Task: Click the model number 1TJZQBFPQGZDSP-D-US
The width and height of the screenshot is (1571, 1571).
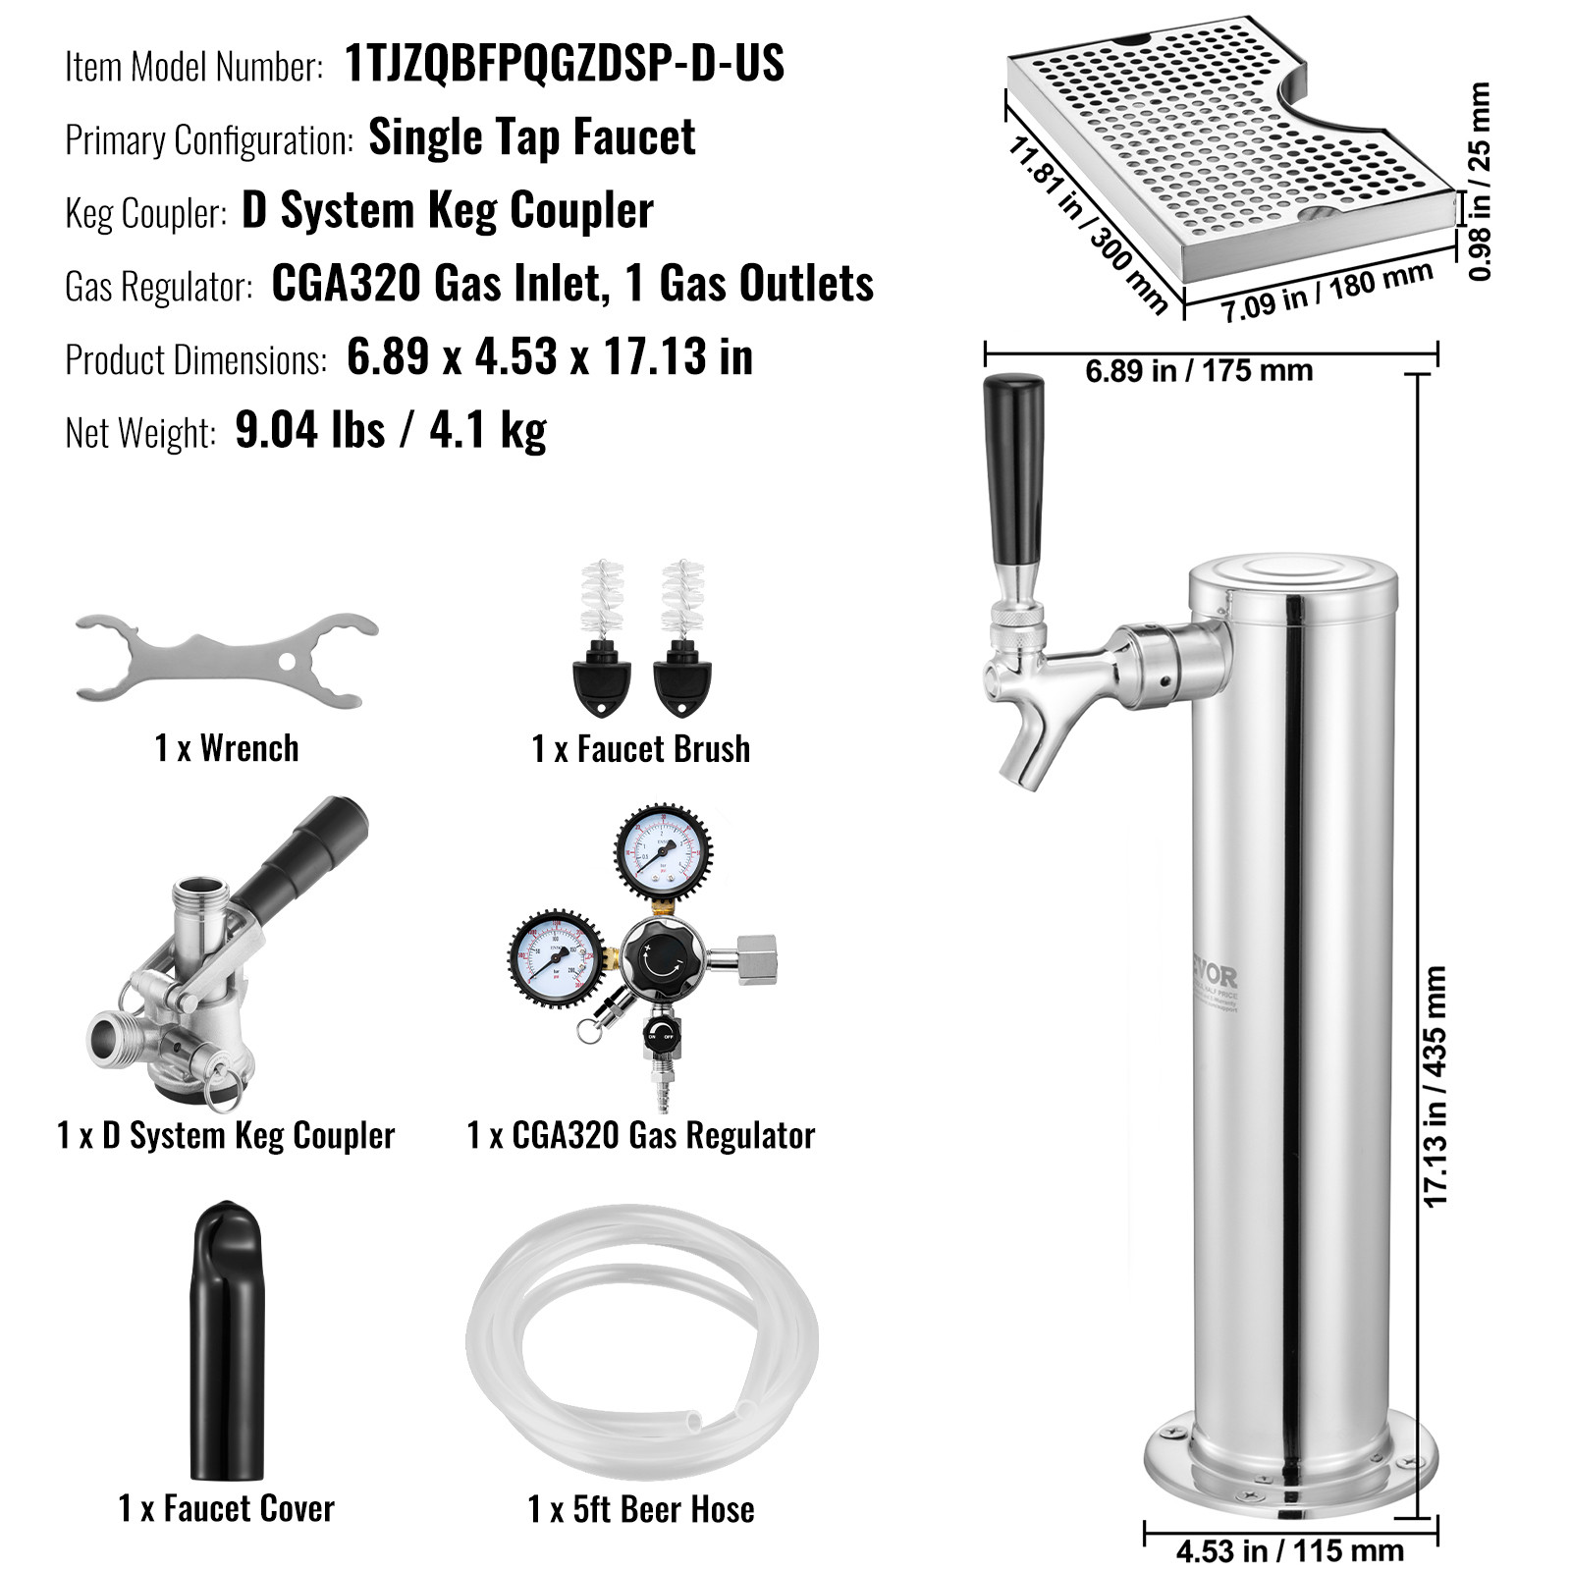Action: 565,65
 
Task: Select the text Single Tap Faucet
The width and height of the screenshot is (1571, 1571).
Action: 531,137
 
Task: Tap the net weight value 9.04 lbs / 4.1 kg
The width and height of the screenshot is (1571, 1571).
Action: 391,430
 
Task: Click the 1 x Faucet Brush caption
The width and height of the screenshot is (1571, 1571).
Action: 640,749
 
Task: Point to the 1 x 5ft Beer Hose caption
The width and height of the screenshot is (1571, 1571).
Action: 641,1509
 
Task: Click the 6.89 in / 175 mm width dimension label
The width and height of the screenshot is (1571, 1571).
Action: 1199,371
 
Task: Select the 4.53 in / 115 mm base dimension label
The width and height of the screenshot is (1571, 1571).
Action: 1289,1551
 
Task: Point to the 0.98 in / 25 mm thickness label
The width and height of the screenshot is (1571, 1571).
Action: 1480,182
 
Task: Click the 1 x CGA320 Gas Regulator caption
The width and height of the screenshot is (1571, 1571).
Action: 640,1135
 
